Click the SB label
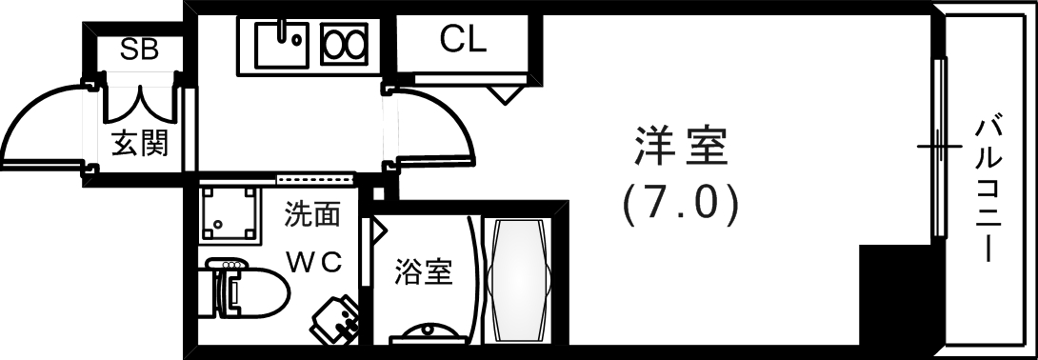[x=138, y=49]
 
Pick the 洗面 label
[x=311, y=215]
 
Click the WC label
[x=313, y=262]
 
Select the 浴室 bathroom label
[x=423, y=272]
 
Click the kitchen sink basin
[x=281, y=44]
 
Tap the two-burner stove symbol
[x=344, y=44]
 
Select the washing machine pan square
[x=230, y=214]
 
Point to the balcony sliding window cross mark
[x=939, y=147]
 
